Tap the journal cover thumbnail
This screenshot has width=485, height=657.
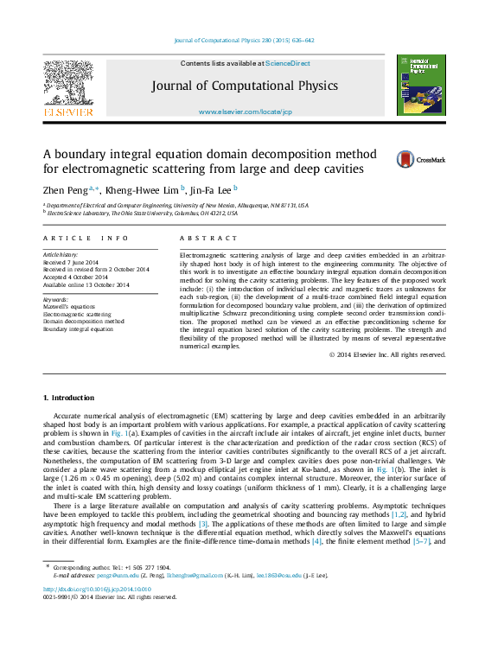coord(420,85)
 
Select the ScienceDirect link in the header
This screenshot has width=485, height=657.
coord(287,63)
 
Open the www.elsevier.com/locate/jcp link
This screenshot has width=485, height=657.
coord(245,112)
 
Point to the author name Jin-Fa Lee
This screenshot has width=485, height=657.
coord(212,189)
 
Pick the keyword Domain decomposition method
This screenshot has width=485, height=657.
coord(84,322)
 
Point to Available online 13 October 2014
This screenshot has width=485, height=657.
coord(84,284)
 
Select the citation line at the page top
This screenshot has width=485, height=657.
coord(244,41)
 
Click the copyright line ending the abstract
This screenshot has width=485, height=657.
coord(387,354)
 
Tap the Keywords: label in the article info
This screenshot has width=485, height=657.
coord(55,299)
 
